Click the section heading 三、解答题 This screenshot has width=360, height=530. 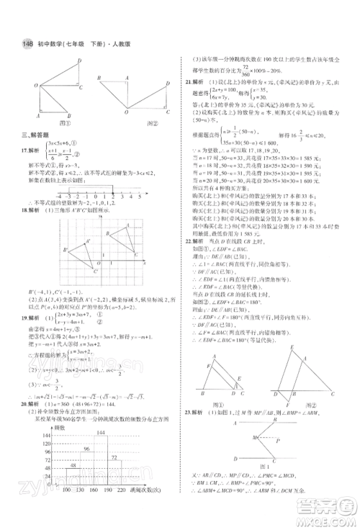point(36,134)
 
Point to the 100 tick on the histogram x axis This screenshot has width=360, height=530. point(67,510)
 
